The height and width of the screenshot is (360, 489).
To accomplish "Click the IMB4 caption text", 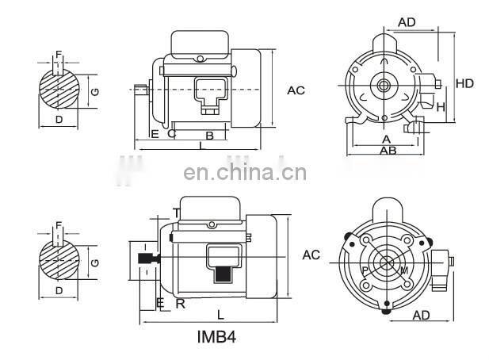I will (216, 337).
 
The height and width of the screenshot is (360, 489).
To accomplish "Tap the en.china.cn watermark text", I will (239, 172).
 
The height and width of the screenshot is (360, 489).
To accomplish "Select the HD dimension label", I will (465, 82).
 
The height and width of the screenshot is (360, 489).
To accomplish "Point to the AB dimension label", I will (388, 150).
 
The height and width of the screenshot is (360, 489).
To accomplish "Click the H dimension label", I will (441, 106).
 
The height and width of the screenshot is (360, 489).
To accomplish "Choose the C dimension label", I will (171, 134).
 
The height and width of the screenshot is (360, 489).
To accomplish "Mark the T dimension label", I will (176, 212).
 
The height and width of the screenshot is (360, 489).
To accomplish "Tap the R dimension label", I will (181, 303).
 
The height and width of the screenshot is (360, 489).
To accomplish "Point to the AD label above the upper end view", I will (407, 22).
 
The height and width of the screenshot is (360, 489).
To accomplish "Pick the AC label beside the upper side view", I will (296, 90).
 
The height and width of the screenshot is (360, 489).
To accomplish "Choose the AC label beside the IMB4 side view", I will (311, 255).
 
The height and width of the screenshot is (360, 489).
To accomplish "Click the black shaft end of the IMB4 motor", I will (146, 259).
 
